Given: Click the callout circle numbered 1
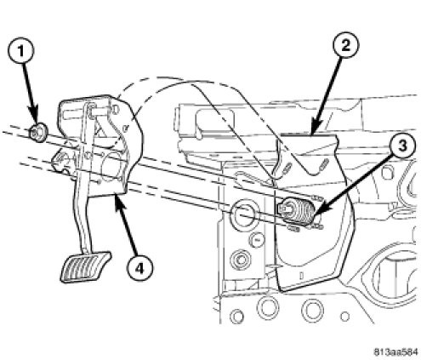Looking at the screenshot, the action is pyautogui.click(x=20, y=51).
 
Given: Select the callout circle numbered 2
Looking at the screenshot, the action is pyautogui.click(x=345, y=45).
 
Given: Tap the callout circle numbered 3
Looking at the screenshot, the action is pyautogui.click(x=402, y=146).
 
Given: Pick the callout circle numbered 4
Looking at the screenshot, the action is pyautogui.click(x=139, y=268).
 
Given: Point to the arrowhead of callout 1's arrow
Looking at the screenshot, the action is pyautogui.click(x=35, y=119).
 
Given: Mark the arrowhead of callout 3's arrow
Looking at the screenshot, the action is pyautogui.click(x=316, y=216).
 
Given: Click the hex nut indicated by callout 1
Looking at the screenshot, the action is pyautogui.click(x=38, y=133).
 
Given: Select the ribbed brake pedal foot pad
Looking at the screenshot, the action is pyautogui.click(x=85, y=267).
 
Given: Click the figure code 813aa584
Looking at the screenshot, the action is pyautogui.click(x=396, y=352).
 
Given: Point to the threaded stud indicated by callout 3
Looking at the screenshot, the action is pyautogui.click(x=297, y=211).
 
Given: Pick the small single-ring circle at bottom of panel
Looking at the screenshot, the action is pyautogui.click(x=344, y=316).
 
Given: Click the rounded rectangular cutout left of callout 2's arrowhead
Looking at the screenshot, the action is pyautogui.click(x=214, y=122).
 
